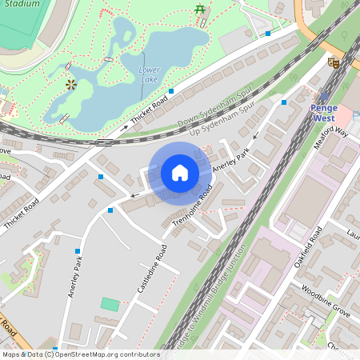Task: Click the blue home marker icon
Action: click(180, 173)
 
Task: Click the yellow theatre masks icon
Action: click(334, 62)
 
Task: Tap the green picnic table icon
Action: click(198, 10)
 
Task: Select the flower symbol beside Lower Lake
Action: click(71, 83)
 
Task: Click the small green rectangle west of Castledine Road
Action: click(110, 304)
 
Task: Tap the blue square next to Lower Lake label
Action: click(170, 92)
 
